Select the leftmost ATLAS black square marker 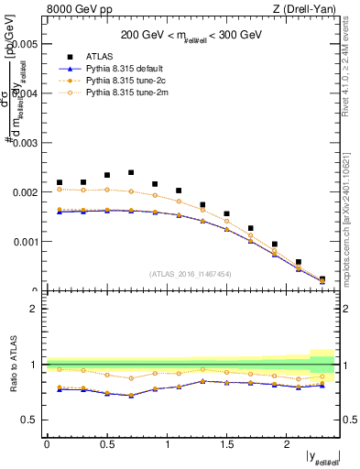click(60, 182)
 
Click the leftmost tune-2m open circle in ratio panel click(60, 369)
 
